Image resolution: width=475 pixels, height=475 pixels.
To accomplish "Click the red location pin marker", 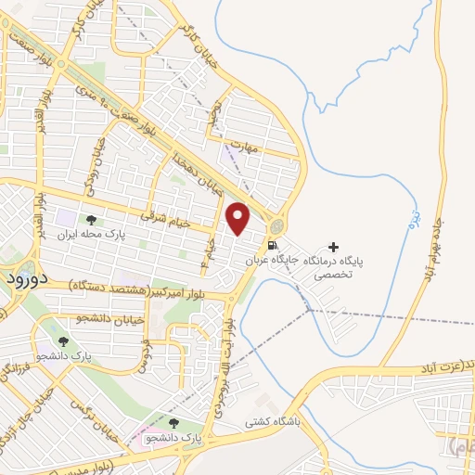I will tap(238, 219).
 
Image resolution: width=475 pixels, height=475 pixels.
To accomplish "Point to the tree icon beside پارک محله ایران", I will tap(91, 220).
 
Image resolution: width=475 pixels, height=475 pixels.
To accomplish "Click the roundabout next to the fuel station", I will tap(277, 226).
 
